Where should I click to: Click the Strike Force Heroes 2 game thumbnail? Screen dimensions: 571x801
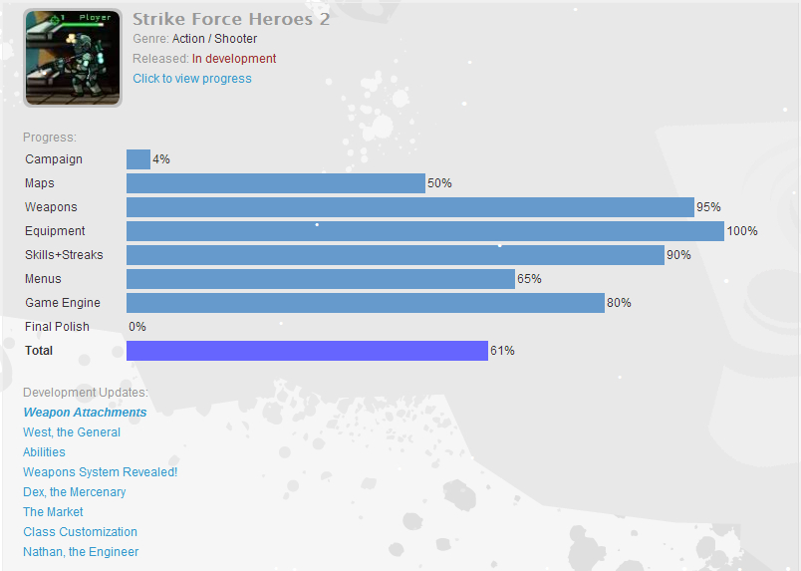pos(73,58)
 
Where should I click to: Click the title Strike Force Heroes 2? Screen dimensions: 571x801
pos(231,19)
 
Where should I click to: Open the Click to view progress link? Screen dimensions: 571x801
pos(192,79)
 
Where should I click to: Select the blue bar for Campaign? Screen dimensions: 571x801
pos(138,159)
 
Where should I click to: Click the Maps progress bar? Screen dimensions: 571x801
pos(276,183)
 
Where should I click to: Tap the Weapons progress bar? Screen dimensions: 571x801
pos(409,207)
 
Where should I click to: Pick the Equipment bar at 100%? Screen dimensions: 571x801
pos(424,231)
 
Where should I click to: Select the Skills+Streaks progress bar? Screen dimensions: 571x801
pos(395,255)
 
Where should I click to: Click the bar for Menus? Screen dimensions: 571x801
pos(320,279)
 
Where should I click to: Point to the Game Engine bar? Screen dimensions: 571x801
pos(365,303)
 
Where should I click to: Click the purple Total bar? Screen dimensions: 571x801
pos(307,351)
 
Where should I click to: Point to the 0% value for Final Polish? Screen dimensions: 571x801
pos(137,327)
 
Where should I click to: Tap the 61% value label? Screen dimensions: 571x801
pos(502,351)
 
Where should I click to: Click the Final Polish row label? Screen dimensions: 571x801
pos(57,327)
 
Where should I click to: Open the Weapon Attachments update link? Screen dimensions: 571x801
pos(85,413)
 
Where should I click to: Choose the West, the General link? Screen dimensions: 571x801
pos(72,432)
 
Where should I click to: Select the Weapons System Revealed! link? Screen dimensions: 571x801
pos(100,472)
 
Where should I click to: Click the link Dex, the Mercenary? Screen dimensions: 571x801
pos(75,492)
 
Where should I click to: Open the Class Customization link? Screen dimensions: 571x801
pos(80,532)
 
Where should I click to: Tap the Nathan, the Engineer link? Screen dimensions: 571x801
pos(81,552)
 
